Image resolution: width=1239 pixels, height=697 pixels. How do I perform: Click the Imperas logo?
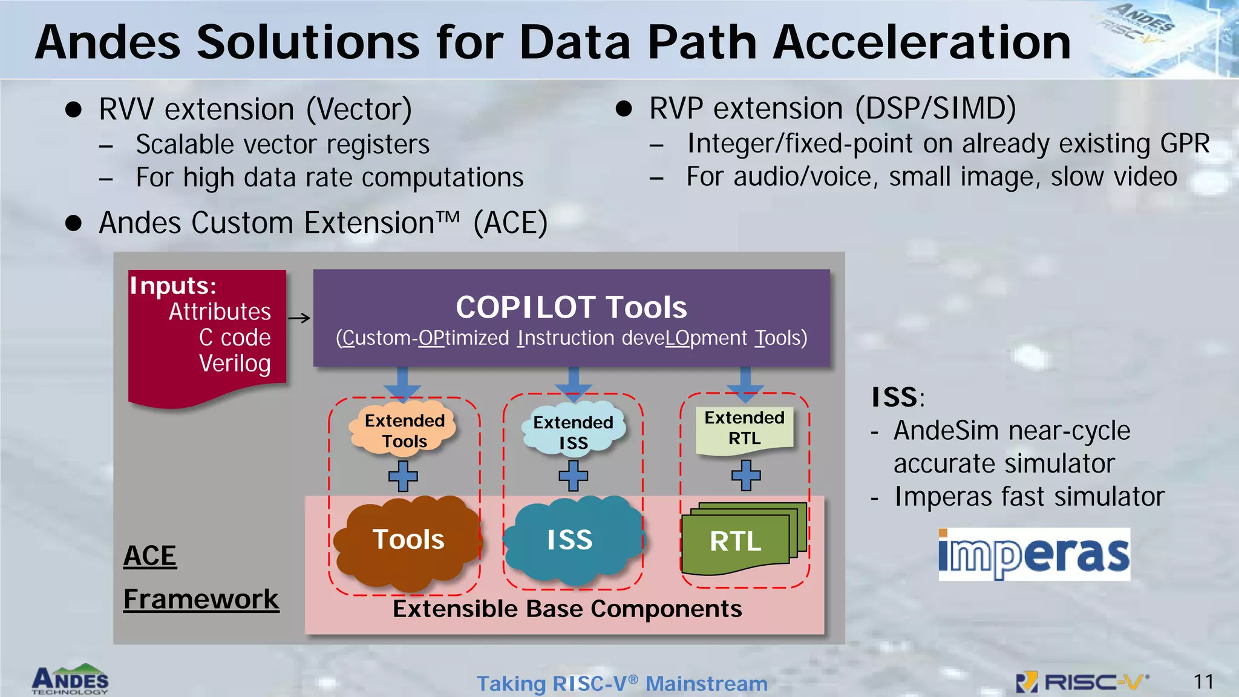tap(1034, 554)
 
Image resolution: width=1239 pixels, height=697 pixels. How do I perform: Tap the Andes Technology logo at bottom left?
tap(70, 680)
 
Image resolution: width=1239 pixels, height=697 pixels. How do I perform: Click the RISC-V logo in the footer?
tap(1083, 682)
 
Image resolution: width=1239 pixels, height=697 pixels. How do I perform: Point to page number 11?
tap(1203, 682)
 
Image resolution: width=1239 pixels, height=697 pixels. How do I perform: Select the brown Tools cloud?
tap(407, 540)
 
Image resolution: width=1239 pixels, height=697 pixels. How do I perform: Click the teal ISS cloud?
tap(572, 539)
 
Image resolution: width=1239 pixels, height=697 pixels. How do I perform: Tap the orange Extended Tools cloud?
tap(404, 430)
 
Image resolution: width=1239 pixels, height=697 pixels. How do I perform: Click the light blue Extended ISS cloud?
tap(573, 431)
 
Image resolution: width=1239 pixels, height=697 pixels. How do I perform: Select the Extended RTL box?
tap(744, 428)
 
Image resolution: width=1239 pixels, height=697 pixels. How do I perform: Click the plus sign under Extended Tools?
tap(403, 476)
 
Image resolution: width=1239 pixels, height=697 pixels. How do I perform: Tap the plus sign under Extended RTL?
tap(746, 475)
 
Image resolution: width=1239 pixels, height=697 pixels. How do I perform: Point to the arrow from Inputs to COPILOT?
tap(299, 318)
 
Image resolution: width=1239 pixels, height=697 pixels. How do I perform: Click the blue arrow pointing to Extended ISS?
tap(573, 384)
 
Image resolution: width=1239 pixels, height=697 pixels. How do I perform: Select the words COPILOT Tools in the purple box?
tap(571, 307)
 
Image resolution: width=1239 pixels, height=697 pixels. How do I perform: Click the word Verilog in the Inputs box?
tap(235, 364)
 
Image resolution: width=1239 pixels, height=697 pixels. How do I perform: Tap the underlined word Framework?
tap(201, 599)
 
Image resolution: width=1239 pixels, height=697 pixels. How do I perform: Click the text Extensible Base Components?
tap(567, 609)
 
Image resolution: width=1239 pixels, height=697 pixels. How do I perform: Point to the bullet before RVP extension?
tap(624, 109)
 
